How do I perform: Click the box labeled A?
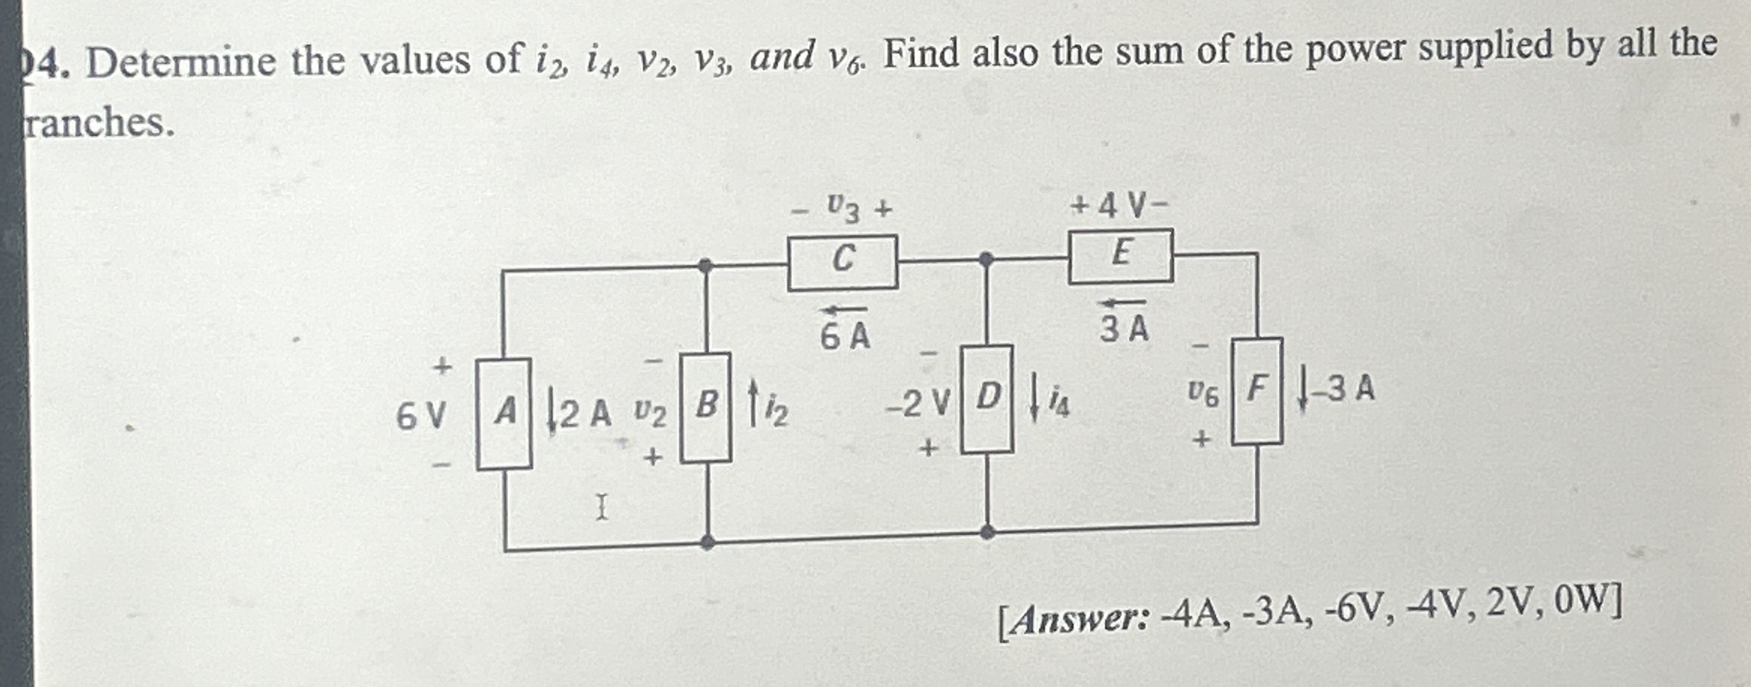504,413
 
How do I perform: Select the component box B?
706,407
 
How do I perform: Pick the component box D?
987,398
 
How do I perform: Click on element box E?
1120,255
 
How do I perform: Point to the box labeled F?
1257,391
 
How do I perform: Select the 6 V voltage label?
421,416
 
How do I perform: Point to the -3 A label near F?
1348,389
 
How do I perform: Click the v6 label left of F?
1203,394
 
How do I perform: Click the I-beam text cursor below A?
601,507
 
